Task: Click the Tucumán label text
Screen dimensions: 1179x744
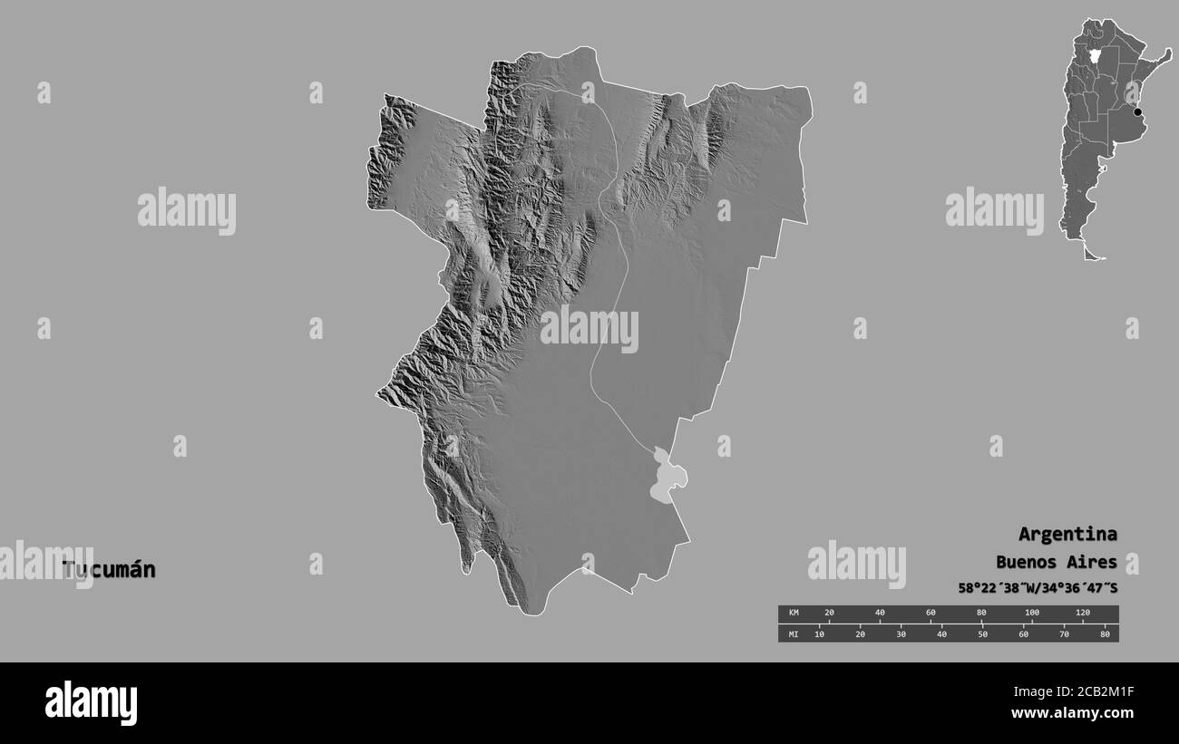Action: pyautogui.click(x=109, y=570)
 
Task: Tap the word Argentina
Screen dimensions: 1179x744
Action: pyautogui.click(x=1067, y=534)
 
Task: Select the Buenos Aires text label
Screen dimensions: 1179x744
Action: pyautogui.click(x=1057, y=562)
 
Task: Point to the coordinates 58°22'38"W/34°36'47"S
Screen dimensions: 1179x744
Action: pyautogui.click(x=1038, y=588)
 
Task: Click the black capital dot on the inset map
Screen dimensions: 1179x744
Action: pyautogui.click(x=1137, y=112)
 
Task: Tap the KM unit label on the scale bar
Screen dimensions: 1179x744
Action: pyautogui.click(x=794, y=614)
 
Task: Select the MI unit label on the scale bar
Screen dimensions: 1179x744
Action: pyautogui.click(x=794, y=633)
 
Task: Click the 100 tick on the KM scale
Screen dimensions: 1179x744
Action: pyautogui.click(x=1031, y=614)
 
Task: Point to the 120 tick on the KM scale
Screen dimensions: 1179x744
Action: pyautogui.click(x=1082, y=614)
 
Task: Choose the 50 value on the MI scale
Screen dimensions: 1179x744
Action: pyautogui.click(x=982, y=633)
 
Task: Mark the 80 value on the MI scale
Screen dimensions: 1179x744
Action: pyautogui.click(x=1104, y=633)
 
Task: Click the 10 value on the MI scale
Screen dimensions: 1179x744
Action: pyautogui.click(x=819, y=633)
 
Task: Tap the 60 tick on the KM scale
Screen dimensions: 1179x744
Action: pyautogui.click(x=930, y=614)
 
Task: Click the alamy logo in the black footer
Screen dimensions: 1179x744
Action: pyautogui.click(x=91, y=703)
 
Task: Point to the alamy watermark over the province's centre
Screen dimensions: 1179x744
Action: pyautogui.click(x=589, y=328)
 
